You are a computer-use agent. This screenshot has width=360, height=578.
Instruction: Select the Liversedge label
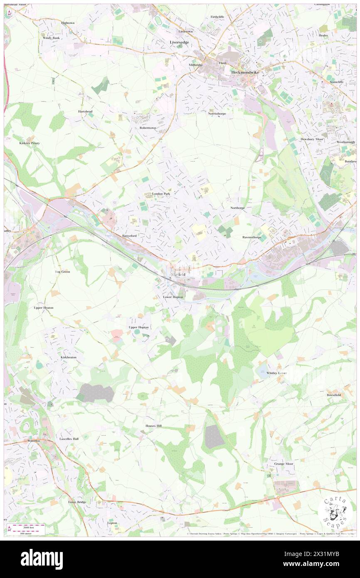pyautogui.click(x=179, y=42)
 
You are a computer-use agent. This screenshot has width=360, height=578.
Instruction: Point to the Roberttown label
pyautogui.click(x=148, y=128)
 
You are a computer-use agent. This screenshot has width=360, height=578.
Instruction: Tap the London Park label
pyautogui.click(x=161, y=194)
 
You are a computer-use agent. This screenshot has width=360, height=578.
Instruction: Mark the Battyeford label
pyautogui.click(x=129, y=236)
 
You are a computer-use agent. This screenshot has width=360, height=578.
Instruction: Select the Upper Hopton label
pyautogui.click(x=138, y=328)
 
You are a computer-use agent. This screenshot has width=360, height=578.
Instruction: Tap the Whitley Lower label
pyautogui.click(x=277, y=373)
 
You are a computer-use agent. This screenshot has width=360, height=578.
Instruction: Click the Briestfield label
pyautogui.click(x=334, y=395)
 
